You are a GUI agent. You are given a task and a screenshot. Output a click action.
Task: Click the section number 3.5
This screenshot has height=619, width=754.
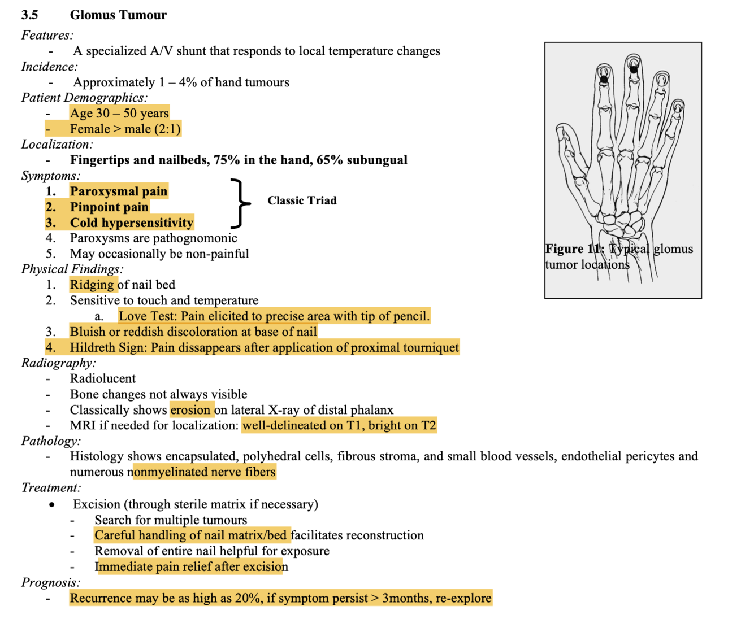(29, 15)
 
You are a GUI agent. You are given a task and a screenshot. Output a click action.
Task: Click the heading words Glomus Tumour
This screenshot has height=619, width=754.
(118, 15)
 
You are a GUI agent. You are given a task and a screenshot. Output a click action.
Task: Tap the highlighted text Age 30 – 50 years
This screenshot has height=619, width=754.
(119, 113)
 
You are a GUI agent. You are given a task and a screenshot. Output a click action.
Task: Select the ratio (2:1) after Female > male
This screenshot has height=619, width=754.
(167, 129)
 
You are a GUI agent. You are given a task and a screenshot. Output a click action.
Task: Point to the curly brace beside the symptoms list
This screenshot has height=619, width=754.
(241, 202)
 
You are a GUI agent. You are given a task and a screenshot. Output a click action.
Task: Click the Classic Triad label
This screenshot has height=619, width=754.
(302, 200)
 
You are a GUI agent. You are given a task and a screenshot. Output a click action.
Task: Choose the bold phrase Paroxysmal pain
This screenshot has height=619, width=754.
(119, 191)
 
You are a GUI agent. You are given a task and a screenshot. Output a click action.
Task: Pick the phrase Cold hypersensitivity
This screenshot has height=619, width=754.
(131, 223)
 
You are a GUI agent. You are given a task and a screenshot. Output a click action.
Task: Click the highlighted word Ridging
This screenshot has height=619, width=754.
(92, 285)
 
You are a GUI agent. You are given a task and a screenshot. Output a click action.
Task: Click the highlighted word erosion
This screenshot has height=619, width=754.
(190, 409)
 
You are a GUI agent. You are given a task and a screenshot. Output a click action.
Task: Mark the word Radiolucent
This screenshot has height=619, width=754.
(103, 378)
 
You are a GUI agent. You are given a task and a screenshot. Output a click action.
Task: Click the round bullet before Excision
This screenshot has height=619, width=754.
(53, 504)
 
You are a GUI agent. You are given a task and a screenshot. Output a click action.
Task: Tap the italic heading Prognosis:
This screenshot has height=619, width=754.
(51, 582)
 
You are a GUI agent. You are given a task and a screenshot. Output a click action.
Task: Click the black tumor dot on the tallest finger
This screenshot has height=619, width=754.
(634, 69)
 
